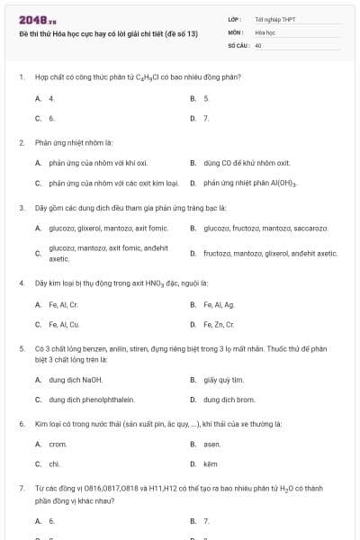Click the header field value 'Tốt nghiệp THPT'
click(x=274, y=18)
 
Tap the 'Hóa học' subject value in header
click(x=265, y=31)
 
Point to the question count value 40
click(x=258, y=44)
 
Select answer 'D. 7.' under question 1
click(x=206, y=118)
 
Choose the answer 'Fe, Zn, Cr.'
click(x=219, y=324)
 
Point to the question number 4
click(x=21, y=283)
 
